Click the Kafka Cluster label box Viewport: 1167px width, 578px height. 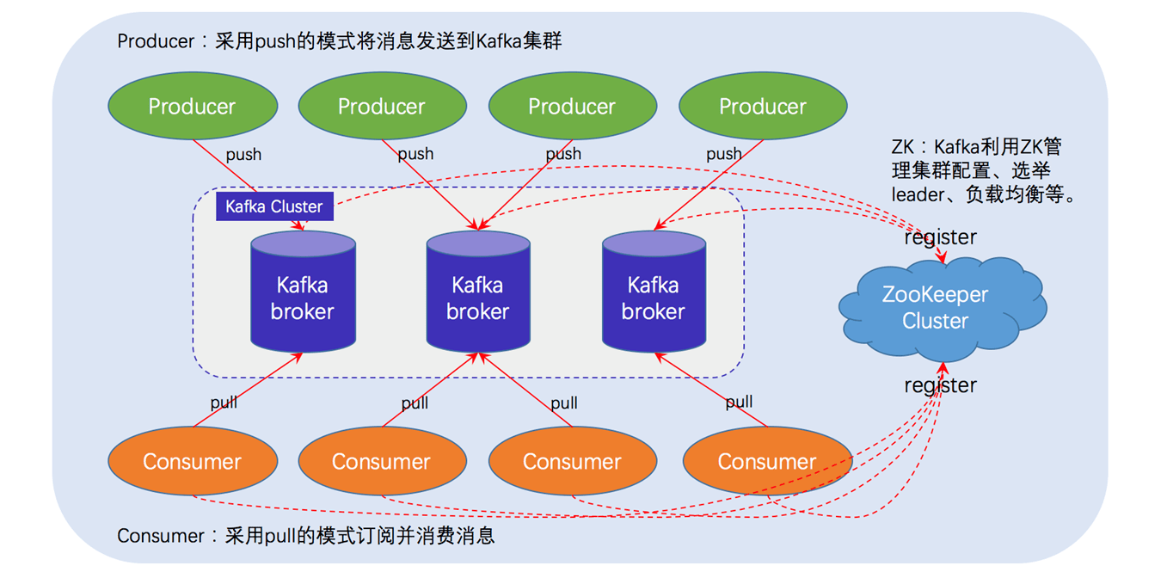coord(274,206)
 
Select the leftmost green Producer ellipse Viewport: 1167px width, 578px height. coord(192,106)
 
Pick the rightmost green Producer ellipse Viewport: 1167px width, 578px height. coord(763,106)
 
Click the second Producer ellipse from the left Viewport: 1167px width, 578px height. coord(382,106)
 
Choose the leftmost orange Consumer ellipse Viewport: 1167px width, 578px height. coord(192,462)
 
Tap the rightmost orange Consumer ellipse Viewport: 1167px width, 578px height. coord(766,462)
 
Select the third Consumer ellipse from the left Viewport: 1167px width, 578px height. coord(572,462)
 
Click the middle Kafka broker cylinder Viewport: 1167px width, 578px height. coord(478,292)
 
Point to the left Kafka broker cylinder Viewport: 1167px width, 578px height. coord(303,292)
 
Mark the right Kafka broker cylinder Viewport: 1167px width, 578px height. coord(654,292)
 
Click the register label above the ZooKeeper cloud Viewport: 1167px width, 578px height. coord(940,237)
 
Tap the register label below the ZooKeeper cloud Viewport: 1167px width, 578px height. coord(940,385)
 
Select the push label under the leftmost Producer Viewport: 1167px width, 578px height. coord(243,155)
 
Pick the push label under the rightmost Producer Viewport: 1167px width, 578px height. coord(723,154)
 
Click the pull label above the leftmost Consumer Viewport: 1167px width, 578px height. coord(224,403)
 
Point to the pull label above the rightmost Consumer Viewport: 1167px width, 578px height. coord(739,402)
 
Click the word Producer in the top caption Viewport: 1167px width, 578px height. coord(156,41)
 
